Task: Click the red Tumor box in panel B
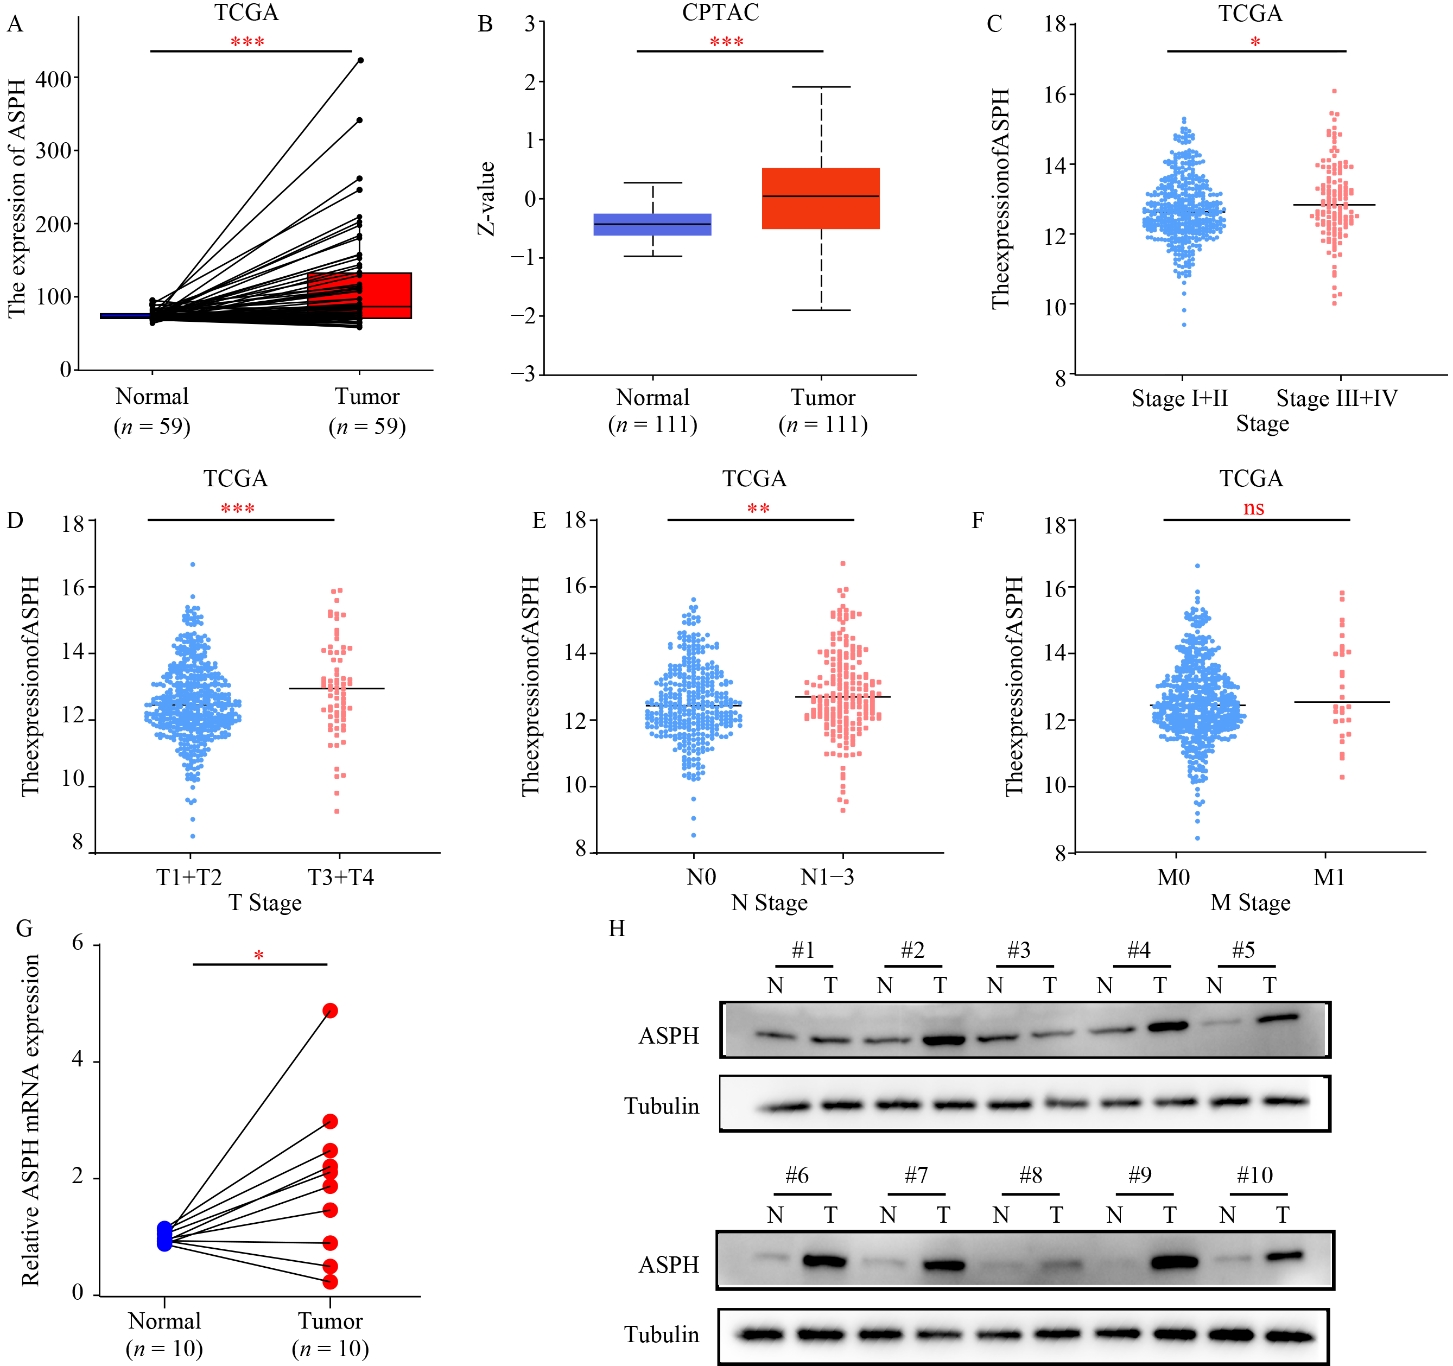(820, 199)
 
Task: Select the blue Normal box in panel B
(652, 224)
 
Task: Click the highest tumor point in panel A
(360, 60)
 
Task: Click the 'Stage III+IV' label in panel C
(1336, 398)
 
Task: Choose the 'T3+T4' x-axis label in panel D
(341, 877)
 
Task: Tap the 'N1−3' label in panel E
(827, 877)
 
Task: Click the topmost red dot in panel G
(331, 1011)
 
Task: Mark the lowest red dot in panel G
(331, 1282)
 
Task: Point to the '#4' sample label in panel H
(1138, 950)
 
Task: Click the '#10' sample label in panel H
(1254, 1176)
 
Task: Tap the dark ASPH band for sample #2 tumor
(940, 1040)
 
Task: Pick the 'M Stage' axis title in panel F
(1250, 903)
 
